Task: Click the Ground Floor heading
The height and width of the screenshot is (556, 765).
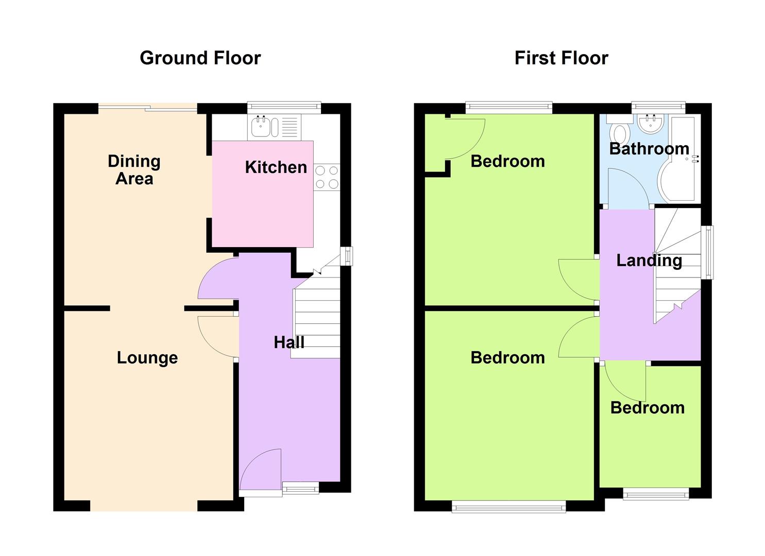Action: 200,58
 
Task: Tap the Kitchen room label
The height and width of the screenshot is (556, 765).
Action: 276,167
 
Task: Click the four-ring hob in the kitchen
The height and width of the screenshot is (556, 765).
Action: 327,177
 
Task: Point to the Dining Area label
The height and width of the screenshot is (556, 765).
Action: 134,170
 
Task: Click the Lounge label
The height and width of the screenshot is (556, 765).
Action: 147,358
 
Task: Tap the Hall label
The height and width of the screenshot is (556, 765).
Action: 289,342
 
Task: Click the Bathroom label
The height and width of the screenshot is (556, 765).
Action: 649,149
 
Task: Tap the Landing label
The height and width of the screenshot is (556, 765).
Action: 649,260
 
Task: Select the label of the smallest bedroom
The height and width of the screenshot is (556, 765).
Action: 648,408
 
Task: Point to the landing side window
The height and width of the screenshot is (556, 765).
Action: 709,252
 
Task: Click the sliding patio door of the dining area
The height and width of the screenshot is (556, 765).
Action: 148,108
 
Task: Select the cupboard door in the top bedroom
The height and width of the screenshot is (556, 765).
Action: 465,139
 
